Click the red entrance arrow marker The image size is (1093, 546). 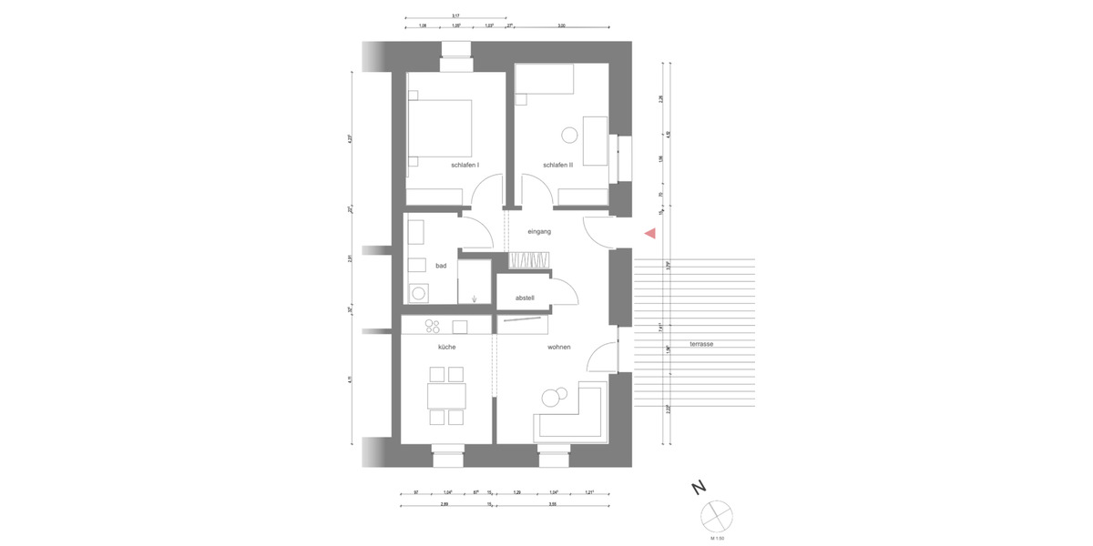point(649,234)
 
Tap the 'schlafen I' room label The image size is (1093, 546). point(465,166)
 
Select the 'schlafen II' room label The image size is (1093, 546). point(557,166)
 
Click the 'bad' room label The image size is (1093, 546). point(441,266)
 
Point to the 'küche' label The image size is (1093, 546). point(446,348)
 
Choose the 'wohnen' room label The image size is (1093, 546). point(558,348)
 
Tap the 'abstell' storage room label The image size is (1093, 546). point(525,298)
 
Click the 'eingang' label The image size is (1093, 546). point(539,232)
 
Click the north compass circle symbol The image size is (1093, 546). point(717,516)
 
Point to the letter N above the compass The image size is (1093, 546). point(699,489)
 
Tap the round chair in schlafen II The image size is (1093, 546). point(569,136)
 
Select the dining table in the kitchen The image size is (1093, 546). point(446,396)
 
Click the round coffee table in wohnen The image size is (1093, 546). point(552,398)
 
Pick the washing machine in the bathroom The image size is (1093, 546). point(420,293)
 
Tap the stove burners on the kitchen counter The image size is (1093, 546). point(433,326)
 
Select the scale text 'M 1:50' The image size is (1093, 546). point(717,539)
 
